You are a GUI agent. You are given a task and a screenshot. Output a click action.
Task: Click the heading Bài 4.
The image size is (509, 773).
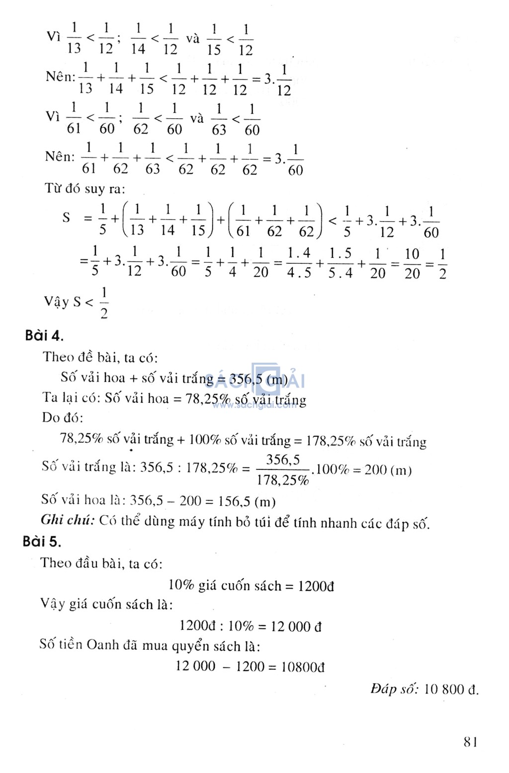[x=44, y=336]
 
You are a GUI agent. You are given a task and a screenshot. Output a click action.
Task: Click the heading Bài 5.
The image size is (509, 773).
[x=42, y=541]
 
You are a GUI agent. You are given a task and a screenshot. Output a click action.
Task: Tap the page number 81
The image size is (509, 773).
[x=471, y=742]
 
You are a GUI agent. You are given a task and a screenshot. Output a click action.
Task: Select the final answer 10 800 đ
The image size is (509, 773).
[x=451, y=689]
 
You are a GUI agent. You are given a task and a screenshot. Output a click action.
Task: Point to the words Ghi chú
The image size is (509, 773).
[x=67, y=520]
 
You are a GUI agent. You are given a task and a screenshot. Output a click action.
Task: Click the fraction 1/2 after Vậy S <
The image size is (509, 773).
[x=103, y=303]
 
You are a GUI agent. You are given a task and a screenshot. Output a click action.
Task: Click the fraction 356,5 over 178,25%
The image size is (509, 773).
[x=283, y=470]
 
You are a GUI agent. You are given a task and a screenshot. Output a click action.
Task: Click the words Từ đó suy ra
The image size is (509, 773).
[x=85, y=189]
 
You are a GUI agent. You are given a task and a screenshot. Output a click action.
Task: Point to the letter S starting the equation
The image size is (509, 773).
[x=66, y=218]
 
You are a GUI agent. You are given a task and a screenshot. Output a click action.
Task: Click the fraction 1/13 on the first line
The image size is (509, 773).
[x=74, y=38]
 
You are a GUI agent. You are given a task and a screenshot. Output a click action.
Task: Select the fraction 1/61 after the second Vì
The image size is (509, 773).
[x=74, y=118]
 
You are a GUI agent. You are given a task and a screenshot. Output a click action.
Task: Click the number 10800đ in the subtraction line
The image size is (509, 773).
[x=303, y=667]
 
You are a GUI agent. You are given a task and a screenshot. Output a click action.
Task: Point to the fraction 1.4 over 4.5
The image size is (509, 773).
[x=299, y=263]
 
